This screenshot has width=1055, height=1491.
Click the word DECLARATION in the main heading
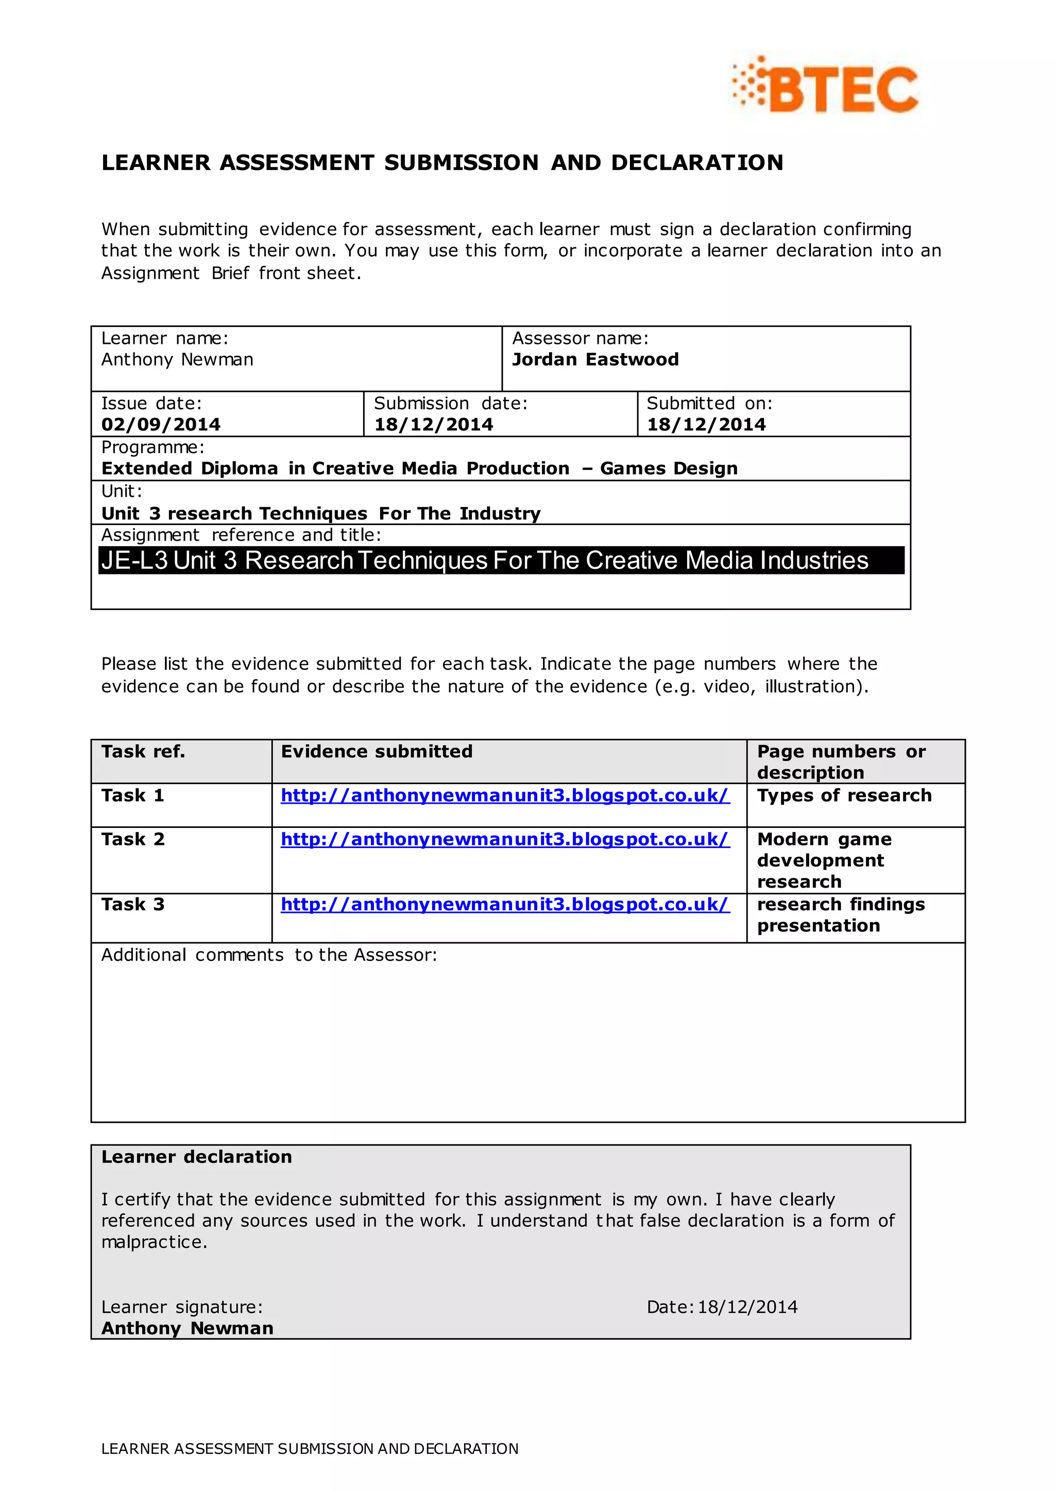click(697, 162)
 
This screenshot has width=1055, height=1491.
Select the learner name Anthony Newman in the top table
click(177, 359)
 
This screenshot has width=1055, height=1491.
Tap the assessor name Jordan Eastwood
click(595, 359)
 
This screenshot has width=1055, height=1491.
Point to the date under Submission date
click(433, 425)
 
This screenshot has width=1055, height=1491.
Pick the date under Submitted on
click(706, 425)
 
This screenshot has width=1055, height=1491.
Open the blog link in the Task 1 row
click(505, 795)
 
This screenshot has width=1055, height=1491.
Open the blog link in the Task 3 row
click(505, 905)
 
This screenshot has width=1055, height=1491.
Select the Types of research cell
click(844, 795)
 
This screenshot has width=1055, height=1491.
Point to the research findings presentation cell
click(841, 914)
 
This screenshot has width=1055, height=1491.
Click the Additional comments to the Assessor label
click(269, 955)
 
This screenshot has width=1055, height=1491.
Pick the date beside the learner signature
click(747, 1307)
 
